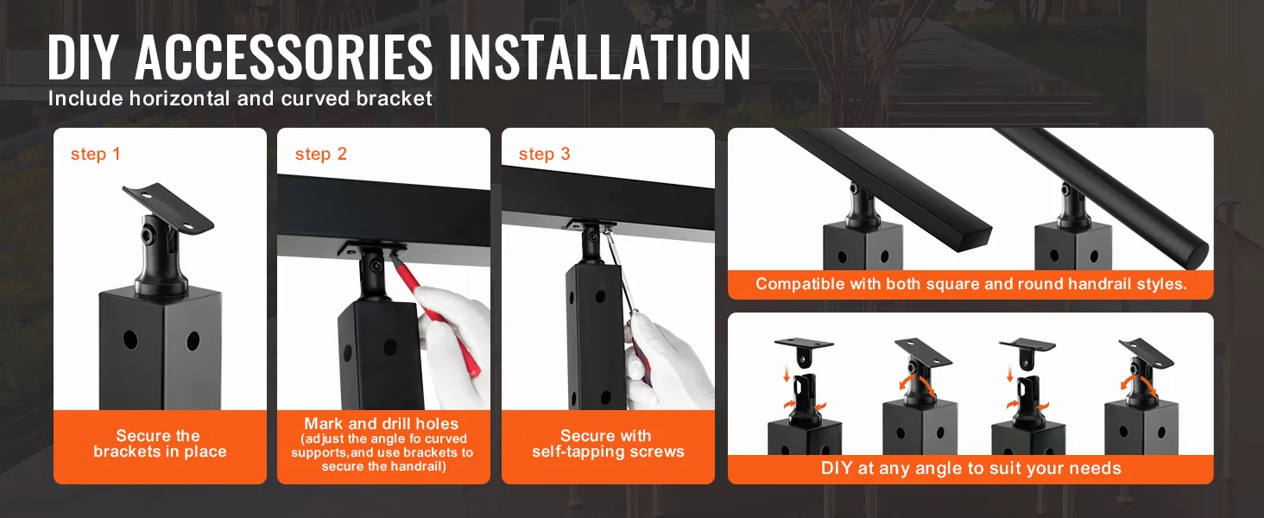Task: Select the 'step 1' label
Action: point(95,155)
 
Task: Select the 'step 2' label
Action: point(320,155)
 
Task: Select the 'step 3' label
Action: point(544,155)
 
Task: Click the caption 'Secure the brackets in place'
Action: point(160,444)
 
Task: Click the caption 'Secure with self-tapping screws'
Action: point(608,444)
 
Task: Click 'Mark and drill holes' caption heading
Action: point(381,424)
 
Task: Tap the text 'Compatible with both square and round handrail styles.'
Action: point(970,284)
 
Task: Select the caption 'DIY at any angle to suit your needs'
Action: point(970,469)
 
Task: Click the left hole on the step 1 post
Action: point(130,339)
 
